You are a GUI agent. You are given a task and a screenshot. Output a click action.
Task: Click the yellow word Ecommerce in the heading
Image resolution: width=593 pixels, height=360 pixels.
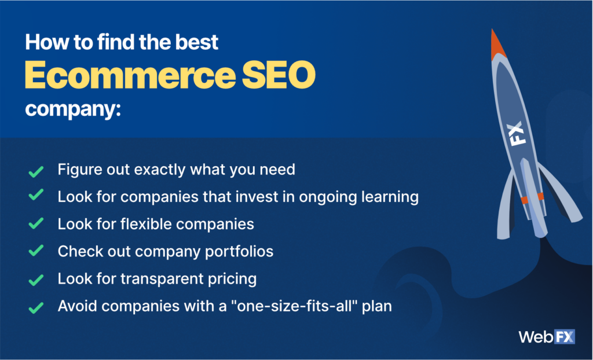tap(130, 75)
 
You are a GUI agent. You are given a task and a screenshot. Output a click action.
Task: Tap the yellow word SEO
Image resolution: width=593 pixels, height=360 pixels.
tap(279, 75)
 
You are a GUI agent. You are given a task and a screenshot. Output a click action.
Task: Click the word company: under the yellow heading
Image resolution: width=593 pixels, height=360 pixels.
tap(73, 109)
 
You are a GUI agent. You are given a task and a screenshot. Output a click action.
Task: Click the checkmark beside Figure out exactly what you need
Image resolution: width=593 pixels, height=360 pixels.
tap(36, 171)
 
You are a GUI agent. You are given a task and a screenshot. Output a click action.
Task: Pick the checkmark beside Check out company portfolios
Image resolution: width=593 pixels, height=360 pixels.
tap(36, 251)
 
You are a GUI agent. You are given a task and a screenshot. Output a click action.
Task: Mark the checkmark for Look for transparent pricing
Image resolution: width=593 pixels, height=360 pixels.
tap(36, 280)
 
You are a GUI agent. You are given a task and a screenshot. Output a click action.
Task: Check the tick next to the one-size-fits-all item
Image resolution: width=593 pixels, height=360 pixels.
tap(36, 307)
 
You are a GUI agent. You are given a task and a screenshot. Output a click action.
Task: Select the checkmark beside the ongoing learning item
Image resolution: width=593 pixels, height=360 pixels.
tap(36, 194)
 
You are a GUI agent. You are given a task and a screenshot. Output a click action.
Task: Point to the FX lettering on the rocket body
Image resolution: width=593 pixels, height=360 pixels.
tap(516, 133)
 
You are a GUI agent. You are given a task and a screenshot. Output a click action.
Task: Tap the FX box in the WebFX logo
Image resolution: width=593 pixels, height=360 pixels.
tap(565, 336)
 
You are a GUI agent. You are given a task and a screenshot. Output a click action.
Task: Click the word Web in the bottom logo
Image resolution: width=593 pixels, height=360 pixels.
tap(536, 336)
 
